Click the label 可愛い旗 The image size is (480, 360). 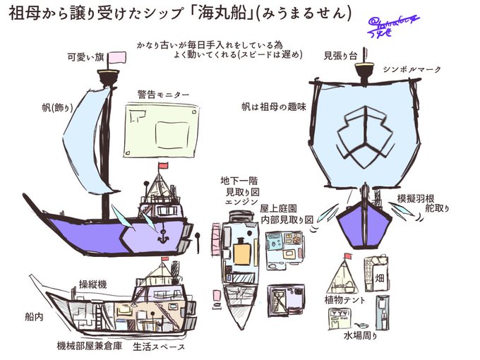pos(87,56)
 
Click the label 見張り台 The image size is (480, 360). pos(339,55)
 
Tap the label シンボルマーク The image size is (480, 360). pos(412,71)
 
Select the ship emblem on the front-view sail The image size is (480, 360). pos(365,133)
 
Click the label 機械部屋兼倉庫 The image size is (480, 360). pos(90,347)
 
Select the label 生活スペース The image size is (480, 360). pos(159,347)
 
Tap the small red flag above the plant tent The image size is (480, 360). pos(349,256)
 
